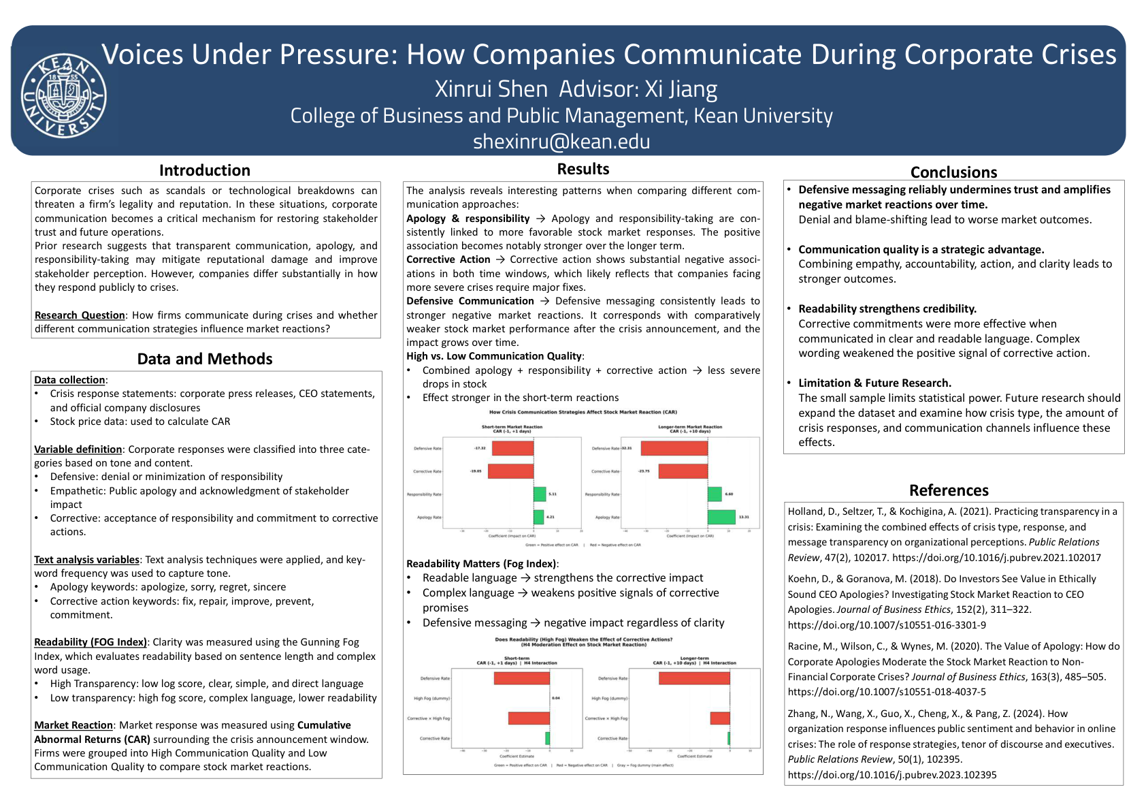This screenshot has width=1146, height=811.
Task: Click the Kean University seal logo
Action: tap(63, 95)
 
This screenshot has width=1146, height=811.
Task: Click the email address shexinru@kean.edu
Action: tap(561, 142)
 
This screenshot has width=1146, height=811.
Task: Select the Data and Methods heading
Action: tap(205, 359)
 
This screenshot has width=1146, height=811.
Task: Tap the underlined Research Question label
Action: tap(80, 315)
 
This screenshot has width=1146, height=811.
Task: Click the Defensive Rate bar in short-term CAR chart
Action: tap(512, 449)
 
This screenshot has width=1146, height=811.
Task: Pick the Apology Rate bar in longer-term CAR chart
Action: tap(721, 517)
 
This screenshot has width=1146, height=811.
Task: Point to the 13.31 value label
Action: tap(744, 517)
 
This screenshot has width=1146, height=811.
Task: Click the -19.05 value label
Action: tap(476, 471)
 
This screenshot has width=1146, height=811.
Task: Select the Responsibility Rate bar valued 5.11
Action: tap(540, 494)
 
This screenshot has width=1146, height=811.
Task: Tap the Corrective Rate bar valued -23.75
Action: tap(683, 471)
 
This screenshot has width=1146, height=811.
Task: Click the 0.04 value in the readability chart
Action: tap(556, 698)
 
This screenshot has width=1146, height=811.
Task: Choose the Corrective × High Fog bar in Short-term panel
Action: tap(529, 718)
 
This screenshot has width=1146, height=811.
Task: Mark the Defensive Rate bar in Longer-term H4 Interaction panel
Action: tap(694, 678)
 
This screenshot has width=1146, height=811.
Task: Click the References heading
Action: tap(949, 490)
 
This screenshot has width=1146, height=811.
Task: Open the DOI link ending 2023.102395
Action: tap(892, 775)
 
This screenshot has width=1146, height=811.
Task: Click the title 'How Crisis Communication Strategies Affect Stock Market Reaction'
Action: tap(583, 412)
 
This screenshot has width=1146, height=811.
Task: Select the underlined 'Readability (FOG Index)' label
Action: tap(91, 642)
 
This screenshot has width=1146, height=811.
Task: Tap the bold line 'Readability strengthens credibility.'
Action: tap(887, 309)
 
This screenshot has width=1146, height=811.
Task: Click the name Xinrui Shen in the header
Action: tap(491, 89)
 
